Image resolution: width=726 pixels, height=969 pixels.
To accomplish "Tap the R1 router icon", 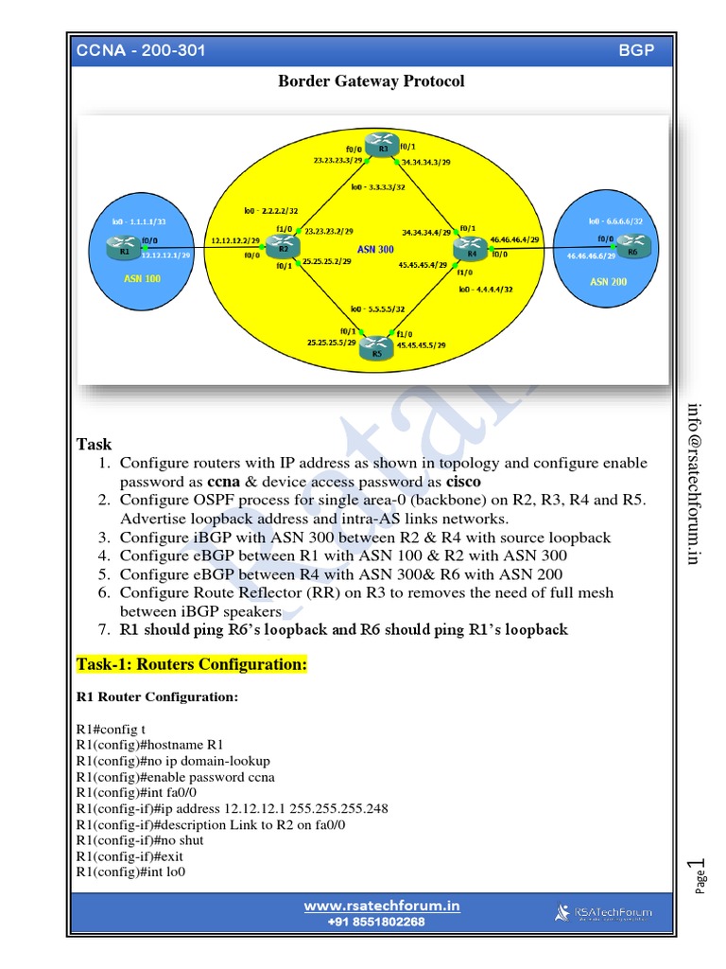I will click(125, 250).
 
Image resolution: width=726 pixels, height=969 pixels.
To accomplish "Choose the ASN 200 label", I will click(608, 281).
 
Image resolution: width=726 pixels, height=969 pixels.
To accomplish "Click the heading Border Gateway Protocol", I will click(371, 81).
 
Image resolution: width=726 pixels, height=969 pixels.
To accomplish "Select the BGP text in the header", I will click(635, 50).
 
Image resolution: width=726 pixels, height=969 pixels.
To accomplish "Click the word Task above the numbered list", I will click(94, 444).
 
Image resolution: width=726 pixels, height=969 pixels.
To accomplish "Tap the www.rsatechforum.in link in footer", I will click(381, 906).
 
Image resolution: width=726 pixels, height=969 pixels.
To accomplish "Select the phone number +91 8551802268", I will click(376, 922).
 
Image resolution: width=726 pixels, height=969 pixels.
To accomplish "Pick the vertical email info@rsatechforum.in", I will click(695, 484).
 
